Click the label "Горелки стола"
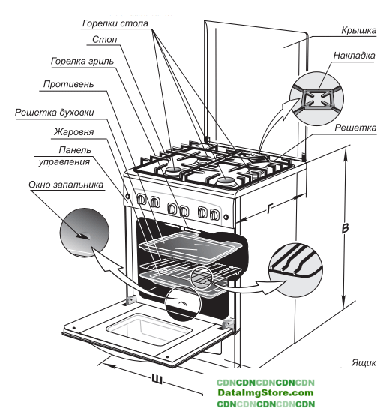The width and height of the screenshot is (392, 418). point(115,23)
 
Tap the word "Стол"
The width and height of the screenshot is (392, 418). point(105,40)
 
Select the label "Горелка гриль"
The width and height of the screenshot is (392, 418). point(82,62)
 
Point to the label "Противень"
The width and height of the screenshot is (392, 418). point(68,84)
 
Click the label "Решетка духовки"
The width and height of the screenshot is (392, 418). point(54,113)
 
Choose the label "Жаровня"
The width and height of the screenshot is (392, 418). point(74,131)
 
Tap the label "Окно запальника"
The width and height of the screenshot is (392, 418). point(66,185)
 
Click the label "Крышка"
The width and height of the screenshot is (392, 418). point(359,30)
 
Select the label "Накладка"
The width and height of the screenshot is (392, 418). point(354,56)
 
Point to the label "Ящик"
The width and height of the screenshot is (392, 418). point(364,362)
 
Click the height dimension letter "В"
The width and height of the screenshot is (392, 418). point(345,228)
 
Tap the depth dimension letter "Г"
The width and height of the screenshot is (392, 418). point(270,209)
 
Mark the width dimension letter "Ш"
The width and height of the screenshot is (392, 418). point(157,379)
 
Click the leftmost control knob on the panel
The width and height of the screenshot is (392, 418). point(142,199)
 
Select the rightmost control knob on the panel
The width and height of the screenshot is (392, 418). point(214,214)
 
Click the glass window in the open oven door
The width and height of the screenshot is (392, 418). point(149,329)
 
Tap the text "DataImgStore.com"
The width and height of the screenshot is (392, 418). point(265,393)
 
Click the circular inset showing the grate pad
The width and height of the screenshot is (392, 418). point(316,98)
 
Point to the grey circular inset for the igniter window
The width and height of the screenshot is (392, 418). point(85,233)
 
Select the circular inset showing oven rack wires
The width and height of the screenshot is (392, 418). point(295,269)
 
